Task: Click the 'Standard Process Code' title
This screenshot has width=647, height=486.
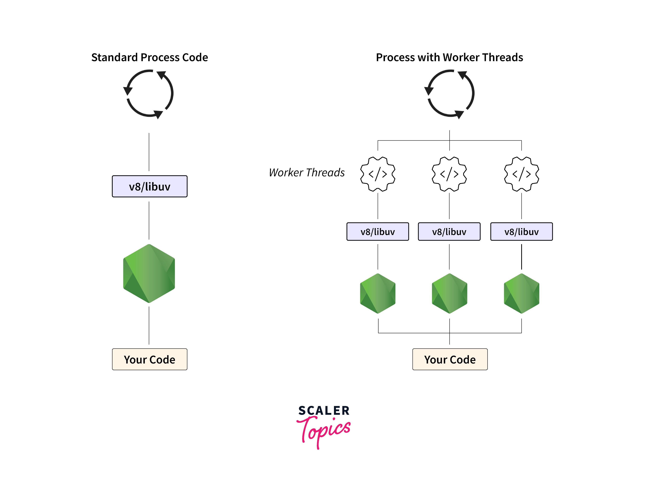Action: click(x=149, y=57)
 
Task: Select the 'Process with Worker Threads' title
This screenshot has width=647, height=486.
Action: click(x=449, y=57)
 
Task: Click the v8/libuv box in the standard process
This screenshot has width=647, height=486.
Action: click(x=149, y=186)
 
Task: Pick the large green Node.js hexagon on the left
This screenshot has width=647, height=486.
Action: click(x=149, y=273)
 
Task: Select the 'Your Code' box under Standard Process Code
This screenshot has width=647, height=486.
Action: click(x=149, y=359)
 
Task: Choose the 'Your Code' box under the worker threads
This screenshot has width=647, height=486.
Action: click(x=450, y=359)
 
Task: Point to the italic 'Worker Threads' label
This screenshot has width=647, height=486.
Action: click(x=307, y=173)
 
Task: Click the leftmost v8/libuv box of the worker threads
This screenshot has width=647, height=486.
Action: click(x=378, y=232)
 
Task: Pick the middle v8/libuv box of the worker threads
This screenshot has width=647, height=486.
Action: click(x=449, y=232)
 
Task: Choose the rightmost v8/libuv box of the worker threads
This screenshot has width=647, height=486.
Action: click(x=522, y=232)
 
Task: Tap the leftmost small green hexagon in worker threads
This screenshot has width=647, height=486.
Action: click(x=378, y=293)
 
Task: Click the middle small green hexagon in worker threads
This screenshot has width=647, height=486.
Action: click(x=449, y=293)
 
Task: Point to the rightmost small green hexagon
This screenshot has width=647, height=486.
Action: click(x=522, y=293)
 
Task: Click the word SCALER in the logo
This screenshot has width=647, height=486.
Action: click(x=324, y=410)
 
